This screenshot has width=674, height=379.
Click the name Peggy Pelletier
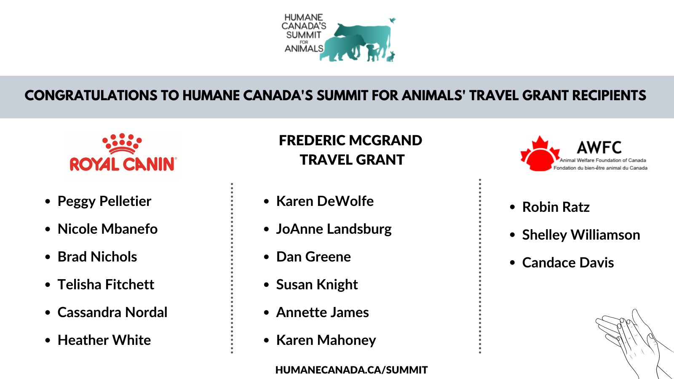[104, 201]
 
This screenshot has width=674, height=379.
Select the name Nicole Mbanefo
[107, 229]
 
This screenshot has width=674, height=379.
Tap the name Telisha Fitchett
[106, 285]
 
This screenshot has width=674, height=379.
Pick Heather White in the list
[104, 340]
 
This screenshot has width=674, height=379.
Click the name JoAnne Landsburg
[334, 229]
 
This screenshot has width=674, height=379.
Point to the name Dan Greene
[313, 257]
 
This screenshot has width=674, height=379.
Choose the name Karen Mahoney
[326, 340]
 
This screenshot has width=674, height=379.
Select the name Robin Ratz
[556, 207]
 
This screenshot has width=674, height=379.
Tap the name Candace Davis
[568, 263]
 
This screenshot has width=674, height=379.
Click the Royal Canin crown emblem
[122, 143]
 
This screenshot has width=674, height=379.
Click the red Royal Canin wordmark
[123, 164]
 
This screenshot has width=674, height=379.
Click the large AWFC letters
[599, 147]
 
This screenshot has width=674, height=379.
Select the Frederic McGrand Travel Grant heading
[351, 150]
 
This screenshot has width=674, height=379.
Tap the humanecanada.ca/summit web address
[351, 370]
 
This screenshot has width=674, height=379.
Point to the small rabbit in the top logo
[391, 56]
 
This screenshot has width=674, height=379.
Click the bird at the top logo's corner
[393, 20]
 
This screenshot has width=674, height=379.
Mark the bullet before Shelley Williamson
[512, 235]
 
